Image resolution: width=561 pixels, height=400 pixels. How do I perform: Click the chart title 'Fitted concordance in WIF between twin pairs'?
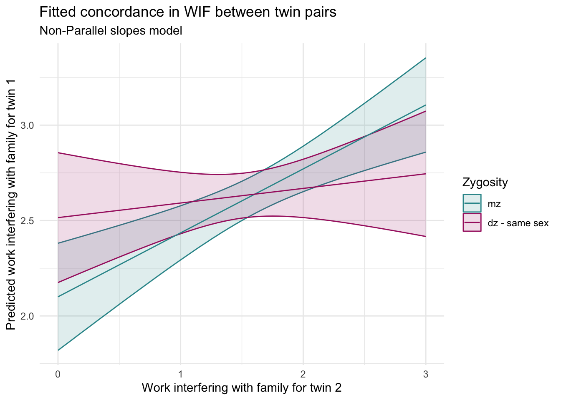(187, 12)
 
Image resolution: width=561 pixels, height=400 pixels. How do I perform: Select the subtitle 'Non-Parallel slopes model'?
(111, 31)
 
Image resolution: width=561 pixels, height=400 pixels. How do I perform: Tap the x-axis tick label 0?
(58, 375)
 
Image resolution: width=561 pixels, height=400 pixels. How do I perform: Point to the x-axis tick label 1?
(180, 375)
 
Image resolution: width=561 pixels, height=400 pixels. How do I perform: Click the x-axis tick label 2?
(303, 375)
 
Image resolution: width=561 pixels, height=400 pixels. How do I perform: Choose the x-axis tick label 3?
(425, 375)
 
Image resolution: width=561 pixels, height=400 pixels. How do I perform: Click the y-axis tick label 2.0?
(27, 316)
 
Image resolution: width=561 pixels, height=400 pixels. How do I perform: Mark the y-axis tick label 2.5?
(27, 221)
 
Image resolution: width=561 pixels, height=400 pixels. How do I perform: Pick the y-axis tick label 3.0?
(27, 125)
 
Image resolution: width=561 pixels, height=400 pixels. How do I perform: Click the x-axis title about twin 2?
(242, 388)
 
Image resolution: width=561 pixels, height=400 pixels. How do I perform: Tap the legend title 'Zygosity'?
(485, 182)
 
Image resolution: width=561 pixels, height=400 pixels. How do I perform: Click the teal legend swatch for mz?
(472, 203)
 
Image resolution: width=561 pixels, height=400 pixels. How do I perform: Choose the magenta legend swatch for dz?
(472, 222)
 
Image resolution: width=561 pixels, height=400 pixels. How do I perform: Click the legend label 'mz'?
(494, 204)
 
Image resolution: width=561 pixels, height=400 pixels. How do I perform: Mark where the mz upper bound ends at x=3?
(425, 58)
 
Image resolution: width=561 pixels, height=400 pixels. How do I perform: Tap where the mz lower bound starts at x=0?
(58, 350)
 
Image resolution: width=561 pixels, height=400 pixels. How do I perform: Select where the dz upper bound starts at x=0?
(58, 153)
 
